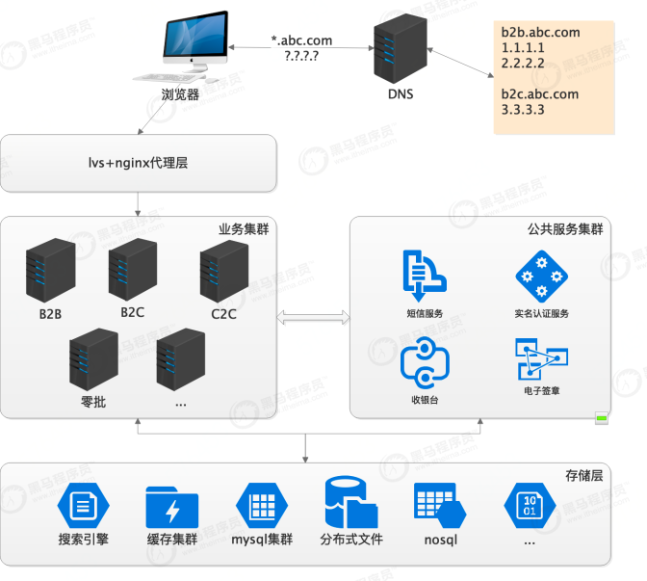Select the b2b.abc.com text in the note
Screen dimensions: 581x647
(x=540, y=32)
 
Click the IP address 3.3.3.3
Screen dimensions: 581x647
(x=523, y=109)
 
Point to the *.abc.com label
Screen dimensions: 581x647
(x=302, y=40)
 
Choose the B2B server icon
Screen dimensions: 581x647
(x=50, y=272)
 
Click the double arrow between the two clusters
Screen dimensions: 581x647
(x=313, y=315)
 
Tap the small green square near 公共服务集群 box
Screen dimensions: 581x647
(x=602, y=418)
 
